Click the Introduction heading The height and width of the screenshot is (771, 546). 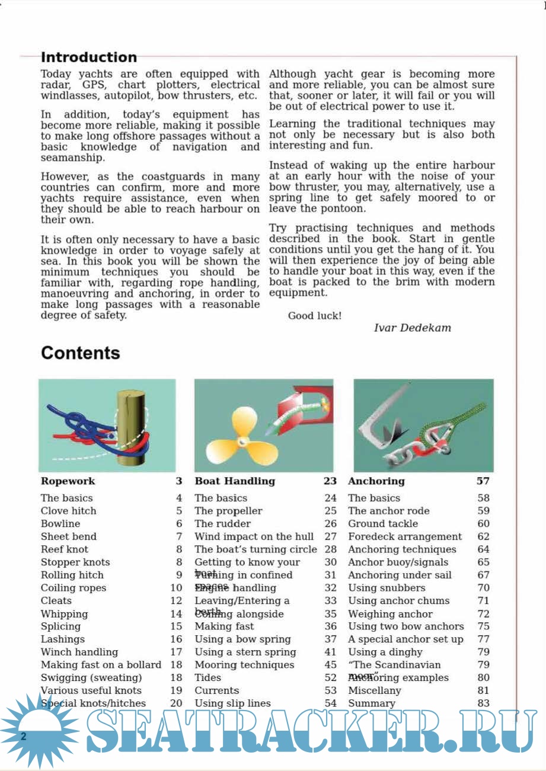click(x=88, y=57)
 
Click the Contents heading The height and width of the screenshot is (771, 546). click(x=80, y=353)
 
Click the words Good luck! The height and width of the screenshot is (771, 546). click(x=314, y=316)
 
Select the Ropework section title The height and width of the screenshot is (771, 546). click(x=68, y=481)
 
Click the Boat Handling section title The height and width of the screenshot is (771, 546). click(x=235, y=481)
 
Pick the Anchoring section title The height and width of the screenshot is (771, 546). click(x=376, y=481)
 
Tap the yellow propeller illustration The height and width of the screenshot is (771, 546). click(x=238, y=440)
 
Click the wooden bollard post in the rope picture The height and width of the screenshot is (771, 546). click(x=130, y=427)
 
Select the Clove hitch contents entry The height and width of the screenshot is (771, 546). click(x=68, y=511)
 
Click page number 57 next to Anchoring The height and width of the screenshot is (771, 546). click(x=483, y=481)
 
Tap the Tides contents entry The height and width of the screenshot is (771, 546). click(x=207, y=677)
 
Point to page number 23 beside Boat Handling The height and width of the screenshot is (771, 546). click(x=330, y=481)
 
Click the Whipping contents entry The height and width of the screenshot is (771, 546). click(x=64, y=614)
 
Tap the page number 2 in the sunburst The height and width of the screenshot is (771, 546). click(x=24, y=737)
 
